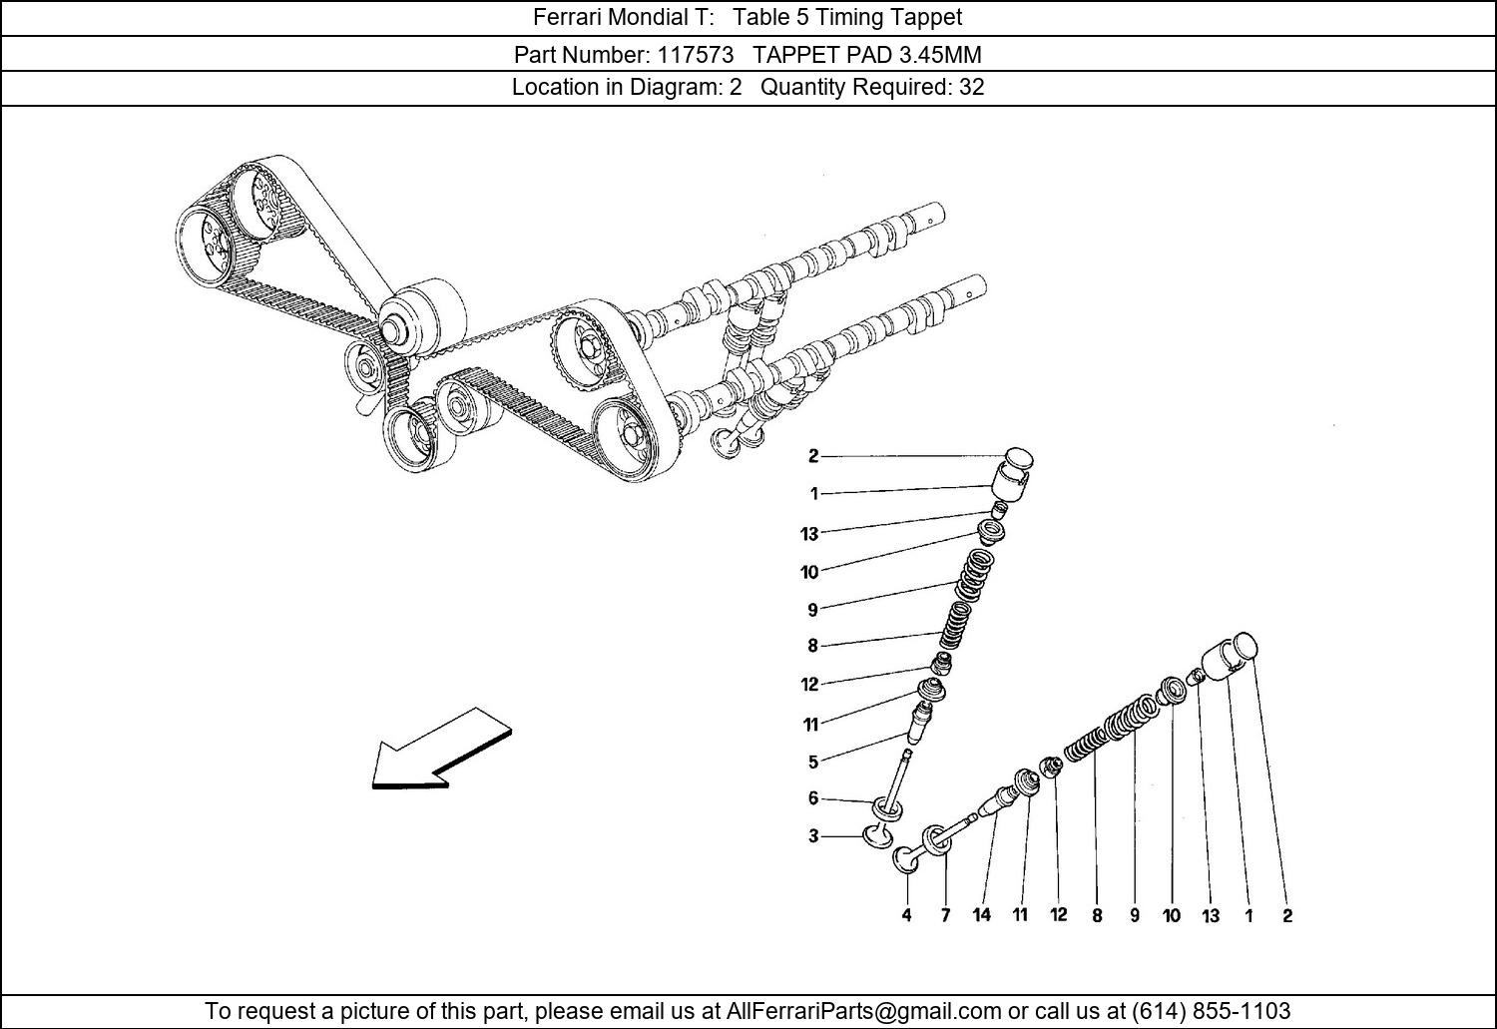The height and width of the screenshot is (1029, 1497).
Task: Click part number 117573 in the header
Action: [695, 54]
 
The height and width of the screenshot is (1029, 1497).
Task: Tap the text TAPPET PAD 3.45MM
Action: [867, 54]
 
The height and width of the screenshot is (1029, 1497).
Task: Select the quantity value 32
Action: [972, 87]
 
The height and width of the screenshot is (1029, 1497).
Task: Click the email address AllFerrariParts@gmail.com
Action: [863, 1010]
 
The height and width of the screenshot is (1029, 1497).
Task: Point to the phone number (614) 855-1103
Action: [1211, 1010]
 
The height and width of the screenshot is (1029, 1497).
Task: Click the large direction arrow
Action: [442, 749]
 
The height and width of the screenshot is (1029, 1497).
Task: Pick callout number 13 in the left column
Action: [809, 534]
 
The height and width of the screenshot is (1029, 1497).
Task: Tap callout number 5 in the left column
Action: [812, 762]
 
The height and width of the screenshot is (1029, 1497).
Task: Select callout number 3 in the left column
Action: [812, 836]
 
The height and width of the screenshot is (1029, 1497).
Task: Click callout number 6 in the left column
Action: [812, 797]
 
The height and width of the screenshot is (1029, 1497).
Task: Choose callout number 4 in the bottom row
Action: [906, 915]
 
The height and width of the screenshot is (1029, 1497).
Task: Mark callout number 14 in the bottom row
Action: [982, 915]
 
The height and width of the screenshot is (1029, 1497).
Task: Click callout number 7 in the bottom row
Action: [945, 915]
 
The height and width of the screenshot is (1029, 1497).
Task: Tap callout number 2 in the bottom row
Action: [1287, 915]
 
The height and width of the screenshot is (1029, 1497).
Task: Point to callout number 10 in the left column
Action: [809, 572]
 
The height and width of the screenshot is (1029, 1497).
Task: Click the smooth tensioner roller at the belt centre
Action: [421, 316]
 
